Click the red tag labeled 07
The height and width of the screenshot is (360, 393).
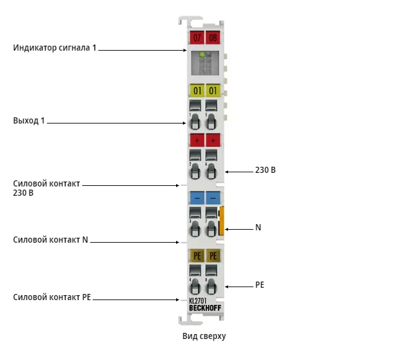tap(196, 38)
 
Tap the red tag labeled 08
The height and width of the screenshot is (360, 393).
tap(213, 38)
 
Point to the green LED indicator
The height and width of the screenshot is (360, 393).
tap(202, 54)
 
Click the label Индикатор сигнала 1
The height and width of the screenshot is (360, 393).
tap(54, 48)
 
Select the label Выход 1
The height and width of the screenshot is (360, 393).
tap(29, 121)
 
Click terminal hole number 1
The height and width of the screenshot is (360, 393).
tap(195, 122)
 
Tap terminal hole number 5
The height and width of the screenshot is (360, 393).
tap(211, 122)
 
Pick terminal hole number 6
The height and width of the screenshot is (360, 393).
tap(211, 172)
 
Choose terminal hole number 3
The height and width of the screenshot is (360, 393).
tap(195, 228)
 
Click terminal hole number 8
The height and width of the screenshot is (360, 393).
tap(211, 287)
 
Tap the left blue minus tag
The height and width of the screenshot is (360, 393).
tap(197, 198)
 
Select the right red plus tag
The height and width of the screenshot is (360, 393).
tap(213, 140)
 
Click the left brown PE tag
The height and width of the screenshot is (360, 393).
tap(197, 256)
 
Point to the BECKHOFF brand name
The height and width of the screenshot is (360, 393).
tap(205, 308)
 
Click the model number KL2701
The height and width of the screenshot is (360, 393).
tap(198, 301)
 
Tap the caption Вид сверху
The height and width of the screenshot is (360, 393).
tap(204, 336)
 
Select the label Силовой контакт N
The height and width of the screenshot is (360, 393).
tap(51, 240)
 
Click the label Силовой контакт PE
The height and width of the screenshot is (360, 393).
tap(52, 297)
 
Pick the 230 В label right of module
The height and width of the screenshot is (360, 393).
tap(266, 170)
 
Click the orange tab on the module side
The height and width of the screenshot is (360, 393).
tap(221, 220)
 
